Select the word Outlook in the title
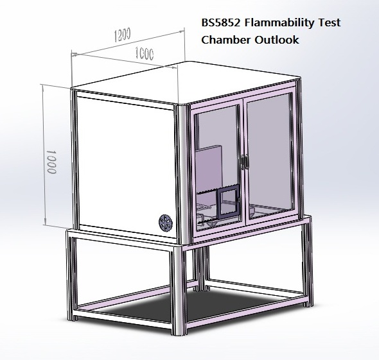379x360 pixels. click(x=276, y=40)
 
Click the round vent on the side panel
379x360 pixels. click(x=165, y=222)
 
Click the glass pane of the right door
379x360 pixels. click(x=270, y=157)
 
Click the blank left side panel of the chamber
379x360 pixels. click(x=123, y=164)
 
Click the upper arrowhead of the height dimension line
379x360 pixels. click(x=44, y=87)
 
